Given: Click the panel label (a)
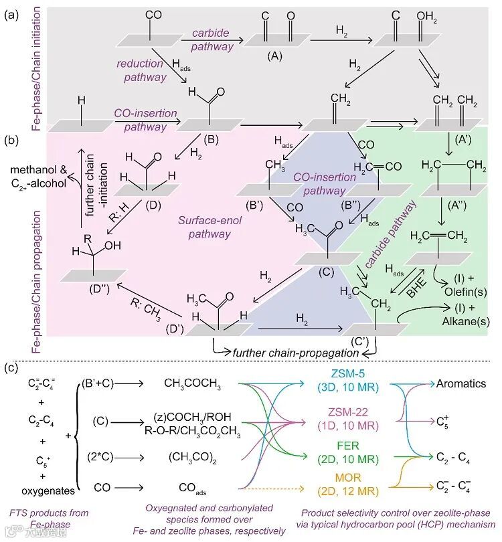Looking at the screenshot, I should [x=11, y=14].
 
